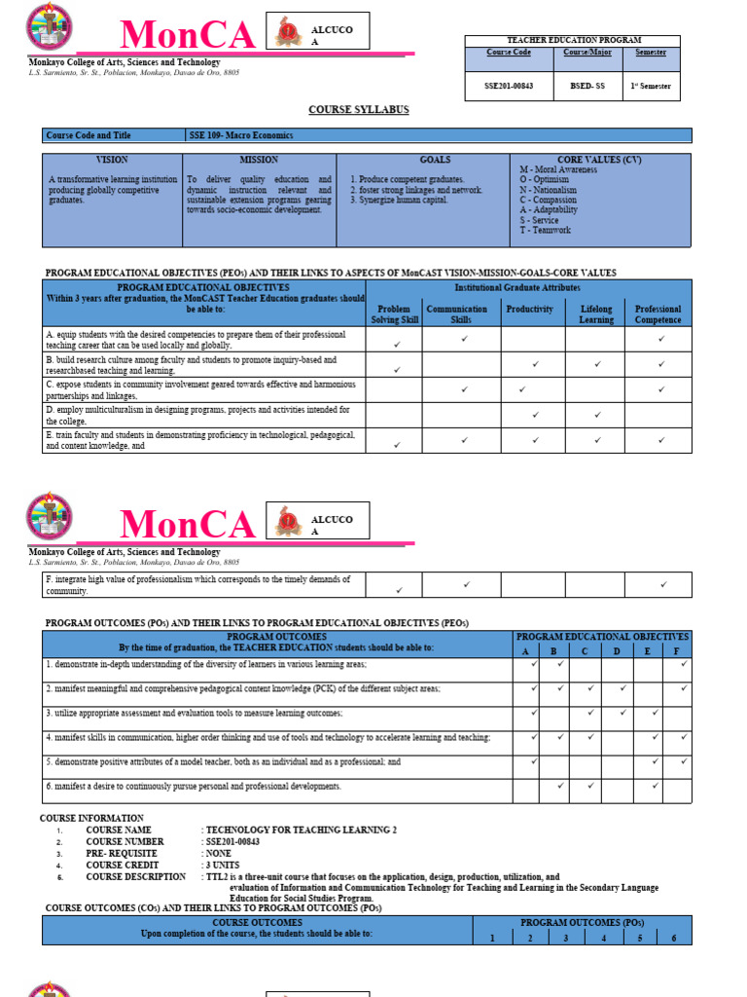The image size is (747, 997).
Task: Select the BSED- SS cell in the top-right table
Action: pyautogui.click(x=587, y=86)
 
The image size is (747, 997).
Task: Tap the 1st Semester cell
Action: pyautogui.click(x=652, y=86)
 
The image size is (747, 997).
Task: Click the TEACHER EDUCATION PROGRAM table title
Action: pyautogui.click(x=573, y=40)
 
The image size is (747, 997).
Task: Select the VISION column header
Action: pyautogui.click(x=112, y=159)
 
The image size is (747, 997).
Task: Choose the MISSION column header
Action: pyautogui.click(x=259, y=159)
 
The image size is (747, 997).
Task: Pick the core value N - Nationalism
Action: pyautogui.click(x=551, y=190)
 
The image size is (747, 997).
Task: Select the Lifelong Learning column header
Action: pyautogui.click(x=596, y=314)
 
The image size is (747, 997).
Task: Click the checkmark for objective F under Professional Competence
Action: pyautogui.click(x=663, y=584)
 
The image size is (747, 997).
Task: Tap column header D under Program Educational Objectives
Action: pyautogui.click(x=617, y=650)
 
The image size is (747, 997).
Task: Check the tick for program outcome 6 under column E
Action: pyautogui.click(x=656, y=786)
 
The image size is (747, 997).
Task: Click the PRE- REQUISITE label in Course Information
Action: pyautogui.click(x=116, y=853)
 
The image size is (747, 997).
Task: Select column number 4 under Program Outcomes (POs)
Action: pyautogui.click(x=603, y=937)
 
